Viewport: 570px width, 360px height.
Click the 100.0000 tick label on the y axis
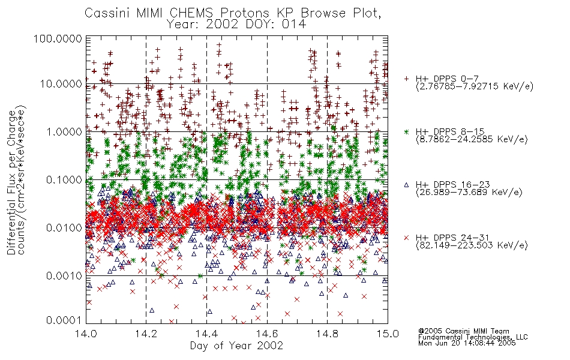click(58, 38)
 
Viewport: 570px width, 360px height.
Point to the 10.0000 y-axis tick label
click(61, 84)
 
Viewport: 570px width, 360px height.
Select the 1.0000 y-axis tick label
click(64, 131)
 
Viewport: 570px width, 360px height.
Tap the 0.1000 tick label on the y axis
click(64, 179)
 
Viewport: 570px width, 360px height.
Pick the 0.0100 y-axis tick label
click(64, 228)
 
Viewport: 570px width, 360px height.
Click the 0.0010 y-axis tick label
click(64, 276)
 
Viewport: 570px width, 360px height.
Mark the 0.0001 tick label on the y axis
click(64, 320)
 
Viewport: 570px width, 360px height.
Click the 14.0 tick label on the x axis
click(86, 334)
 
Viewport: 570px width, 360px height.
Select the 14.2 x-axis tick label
click(146, 334)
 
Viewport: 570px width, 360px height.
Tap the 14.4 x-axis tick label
click(206, 334)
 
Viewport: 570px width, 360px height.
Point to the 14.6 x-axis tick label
click(267, 334)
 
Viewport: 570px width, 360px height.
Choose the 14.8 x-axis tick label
click(328, 334)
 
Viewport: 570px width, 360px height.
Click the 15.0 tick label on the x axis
click(388, 334)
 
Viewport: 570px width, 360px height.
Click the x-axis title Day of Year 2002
click(236, 346)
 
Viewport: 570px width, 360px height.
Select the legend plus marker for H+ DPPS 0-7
click(406, 79)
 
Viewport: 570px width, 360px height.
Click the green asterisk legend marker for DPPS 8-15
click(406, 131)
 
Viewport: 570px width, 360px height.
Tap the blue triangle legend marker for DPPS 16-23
click(406, 185)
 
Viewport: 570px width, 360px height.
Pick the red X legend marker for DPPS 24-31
click(406, 238)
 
